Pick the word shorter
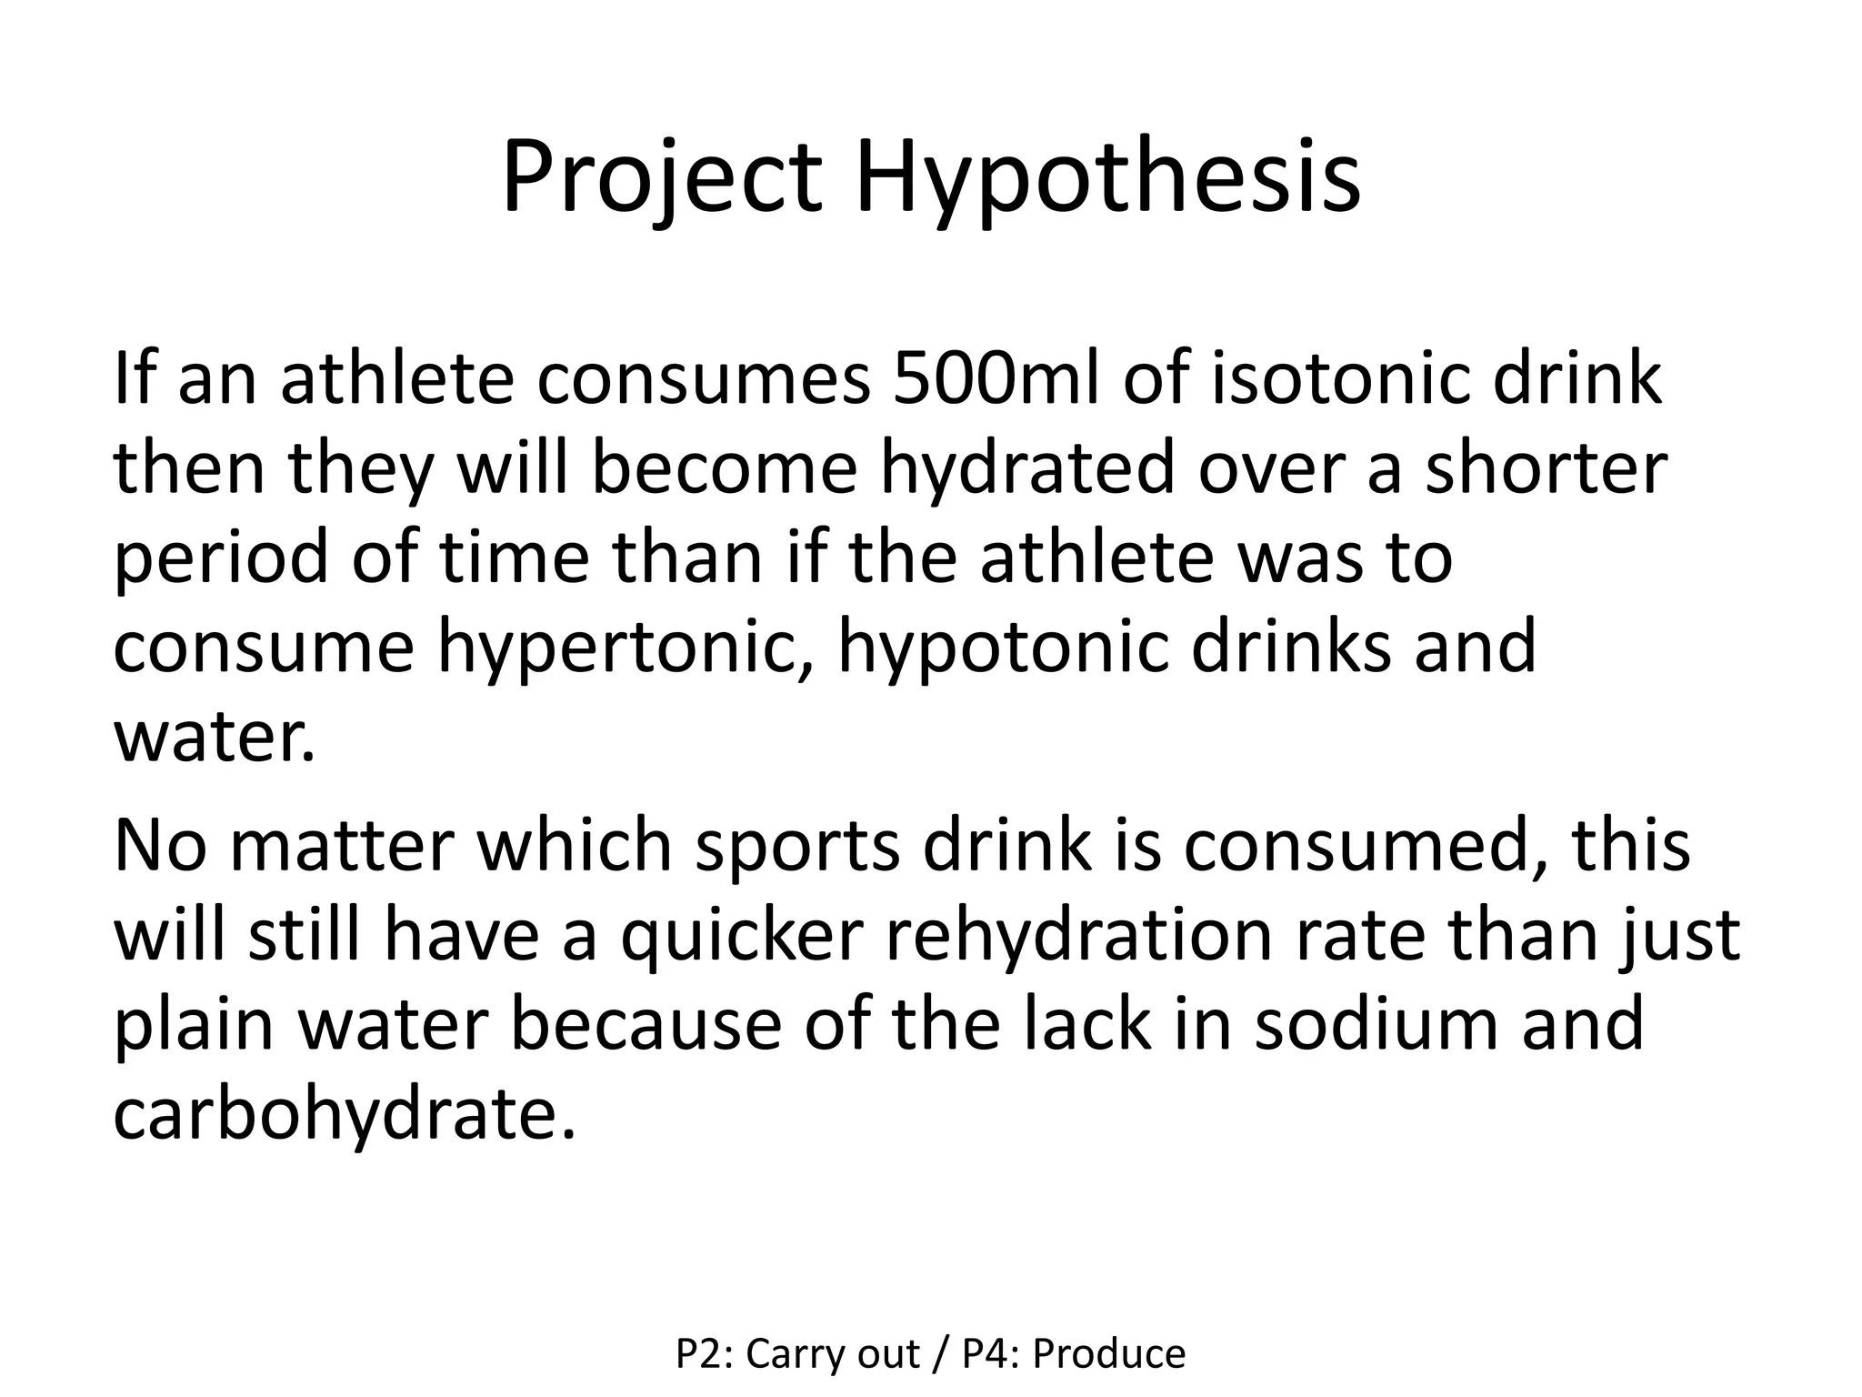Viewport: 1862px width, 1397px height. (1546, 468)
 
